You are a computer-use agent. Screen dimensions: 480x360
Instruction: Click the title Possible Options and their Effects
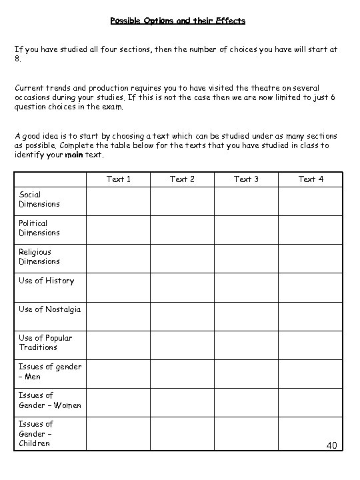coord(178,21)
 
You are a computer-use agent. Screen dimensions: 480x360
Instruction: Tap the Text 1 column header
coord(119,179)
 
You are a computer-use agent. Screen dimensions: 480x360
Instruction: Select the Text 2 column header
coord(182,179)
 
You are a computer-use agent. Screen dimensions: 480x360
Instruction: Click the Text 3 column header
coord(246,179)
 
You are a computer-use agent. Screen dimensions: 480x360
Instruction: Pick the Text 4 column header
coord(311,179)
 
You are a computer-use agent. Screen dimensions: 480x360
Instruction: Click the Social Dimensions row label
coord(39,199)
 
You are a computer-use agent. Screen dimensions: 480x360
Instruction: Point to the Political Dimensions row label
coord(39,228)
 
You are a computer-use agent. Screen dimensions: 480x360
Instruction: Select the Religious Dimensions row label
coord(39,257)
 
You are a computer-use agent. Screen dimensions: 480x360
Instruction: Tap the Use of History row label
coord(46,281)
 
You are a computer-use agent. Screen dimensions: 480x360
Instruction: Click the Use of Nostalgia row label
coord(49,309)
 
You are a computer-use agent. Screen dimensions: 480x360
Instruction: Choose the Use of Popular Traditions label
coord(45,343)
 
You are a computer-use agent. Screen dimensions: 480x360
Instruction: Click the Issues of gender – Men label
coord(50,371)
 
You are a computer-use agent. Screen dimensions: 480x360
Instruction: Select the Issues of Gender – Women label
coord(50,400)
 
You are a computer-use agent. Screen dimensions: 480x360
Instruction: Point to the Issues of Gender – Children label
coord(36,433)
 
